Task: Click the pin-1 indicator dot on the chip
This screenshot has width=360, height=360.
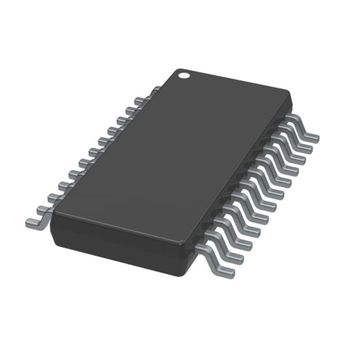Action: coord(183,74)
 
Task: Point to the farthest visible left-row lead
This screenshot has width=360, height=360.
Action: coord(153,90)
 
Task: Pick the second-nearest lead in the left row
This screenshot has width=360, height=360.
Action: coord(44,209)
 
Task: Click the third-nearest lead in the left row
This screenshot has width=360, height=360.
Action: coord(54,197)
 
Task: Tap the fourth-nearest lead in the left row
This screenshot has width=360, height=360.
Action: coord(63,185)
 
